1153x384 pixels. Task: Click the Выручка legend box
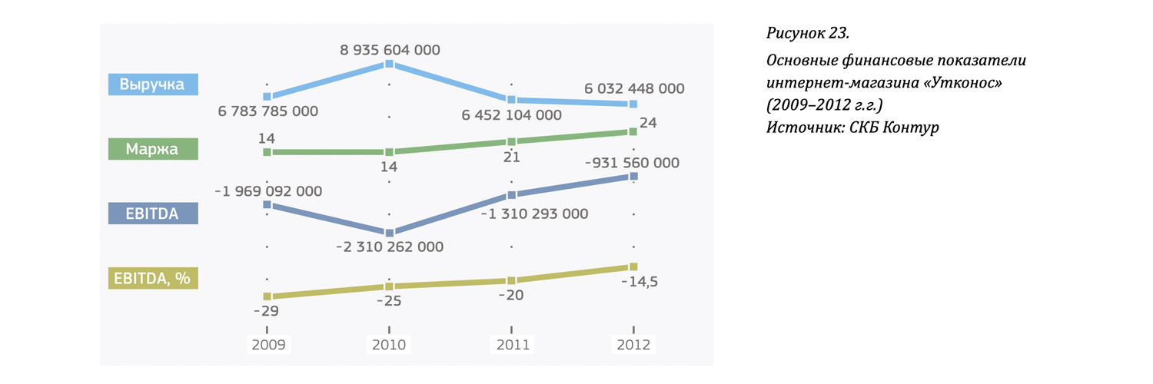(x=153, y=84)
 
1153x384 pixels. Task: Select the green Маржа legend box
(x=153, y=149)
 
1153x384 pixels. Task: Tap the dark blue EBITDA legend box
(x=153, y=214)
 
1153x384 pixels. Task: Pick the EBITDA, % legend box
(x=153, y=278)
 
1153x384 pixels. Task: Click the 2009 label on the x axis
(x=267, y=345)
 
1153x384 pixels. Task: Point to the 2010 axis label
(x=389, y=345)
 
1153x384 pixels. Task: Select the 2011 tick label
(x=512, y=345)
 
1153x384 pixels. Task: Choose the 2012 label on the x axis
(x=633, y=345)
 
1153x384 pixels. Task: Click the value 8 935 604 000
(x=390, y=50)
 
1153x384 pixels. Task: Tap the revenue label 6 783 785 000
(x=267, y=112)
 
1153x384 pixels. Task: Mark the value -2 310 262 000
(x=390, y=247)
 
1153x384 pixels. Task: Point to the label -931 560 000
(x=632, y=163)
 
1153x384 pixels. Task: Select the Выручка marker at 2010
(x=390, y=65)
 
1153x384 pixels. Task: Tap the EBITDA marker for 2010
(x=390, y=232)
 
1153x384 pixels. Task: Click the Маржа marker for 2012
(x=633, y=131)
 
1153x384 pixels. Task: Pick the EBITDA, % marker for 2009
(x=267, y=296)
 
